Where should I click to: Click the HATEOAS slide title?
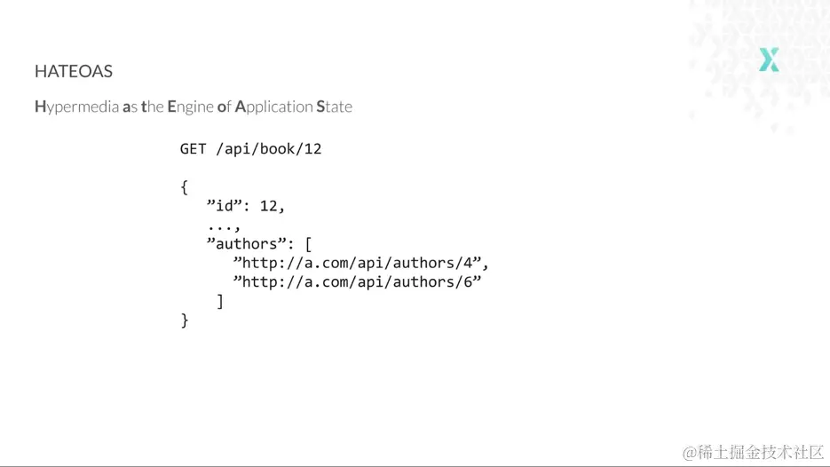(74, 71)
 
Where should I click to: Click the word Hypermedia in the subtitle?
(76, 107)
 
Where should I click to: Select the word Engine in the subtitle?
(191, 107)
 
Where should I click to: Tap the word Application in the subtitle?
(273, 107)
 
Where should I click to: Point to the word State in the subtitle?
(334, 107)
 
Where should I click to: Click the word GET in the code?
(194, 149)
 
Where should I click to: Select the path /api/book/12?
(268, 149)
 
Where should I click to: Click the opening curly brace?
(185, 187)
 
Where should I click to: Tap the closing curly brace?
(185, 321)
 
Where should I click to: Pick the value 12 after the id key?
(268, 205)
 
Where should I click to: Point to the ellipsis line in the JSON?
(224, 227)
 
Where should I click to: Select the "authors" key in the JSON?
(247, 243)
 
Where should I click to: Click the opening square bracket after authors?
(308, 244)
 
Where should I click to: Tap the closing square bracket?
(220, 301)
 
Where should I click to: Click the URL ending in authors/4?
(358, 263)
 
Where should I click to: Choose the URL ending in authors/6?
(358, 281)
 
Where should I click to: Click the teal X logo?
(769, 59)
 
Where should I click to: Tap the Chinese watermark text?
(754, 453)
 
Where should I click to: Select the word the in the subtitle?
(153, 107)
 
